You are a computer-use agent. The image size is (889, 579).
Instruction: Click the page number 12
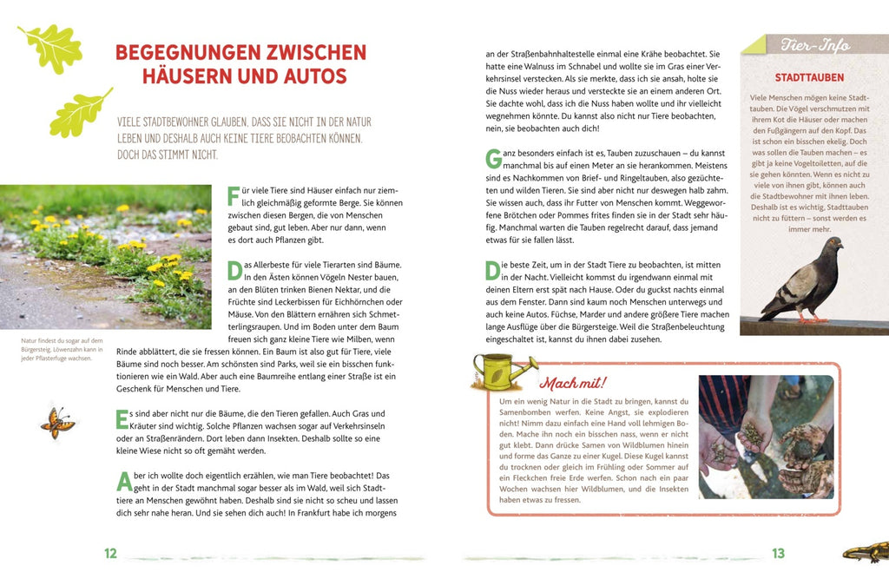pyautogui.click(x=110, y=553)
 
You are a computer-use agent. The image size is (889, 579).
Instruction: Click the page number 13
pyautogui.click(x=778, y=553)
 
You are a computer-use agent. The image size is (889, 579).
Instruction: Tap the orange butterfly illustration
pyautogui.click(x=57, y=423)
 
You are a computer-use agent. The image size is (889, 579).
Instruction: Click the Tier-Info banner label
pyautogui.click(x=814, y=45)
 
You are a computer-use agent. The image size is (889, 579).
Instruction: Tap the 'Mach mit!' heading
pyautogui.click(x=573, y=382)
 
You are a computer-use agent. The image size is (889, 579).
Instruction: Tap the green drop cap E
pyautogui.click(x=122, y=419)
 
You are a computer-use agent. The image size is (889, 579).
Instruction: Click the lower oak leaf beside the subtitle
pyautogui.click(x=81, y=113)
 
